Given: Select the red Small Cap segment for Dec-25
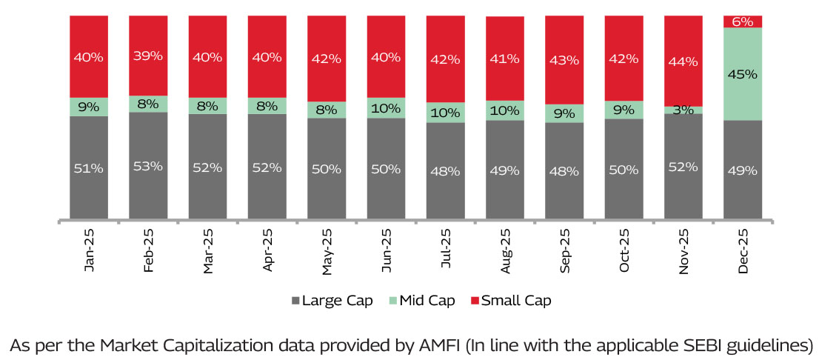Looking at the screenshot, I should pos(743,21).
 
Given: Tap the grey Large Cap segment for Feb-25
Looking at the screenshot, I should pos(148,166).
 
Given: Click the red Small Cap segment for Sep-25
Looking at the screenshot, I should pos(564,60).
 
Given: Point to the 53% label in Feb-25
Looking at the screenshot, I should pos(148,166).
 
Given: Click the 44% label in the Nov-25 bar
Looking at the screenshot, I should pos(683,62).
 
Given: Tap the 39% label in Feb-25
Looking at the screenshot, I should pos(148,56).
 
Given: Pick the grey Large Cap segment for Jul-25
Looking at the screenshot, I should pos(446,170).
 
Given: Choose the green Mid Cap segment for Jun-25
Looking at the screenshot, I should pos(386,107).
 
